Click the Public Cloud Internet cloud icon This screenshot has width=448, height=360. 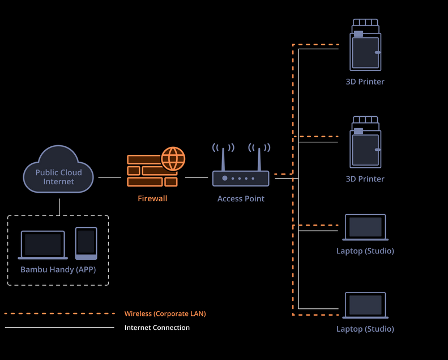pos(58,170)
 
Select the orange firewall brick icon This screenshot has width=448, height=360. pos(148,172)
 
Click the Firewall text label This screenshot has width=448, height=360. pos(152,198)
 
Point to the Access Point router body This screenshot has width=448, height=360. pos(241,178)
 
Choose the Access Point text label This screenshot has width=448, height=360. pos(241,198)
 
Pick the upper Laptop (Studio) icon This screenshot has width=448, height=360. pos(365,227)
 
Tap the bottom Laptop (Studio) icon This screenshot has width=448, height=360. pos(365,306)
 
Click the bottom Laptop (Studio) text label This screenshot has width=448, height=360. pos(365,329)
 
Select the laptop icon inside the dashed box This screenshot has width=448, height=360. pos(43,244)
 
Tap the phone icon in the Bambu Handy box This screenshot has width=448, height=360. pos(86,243)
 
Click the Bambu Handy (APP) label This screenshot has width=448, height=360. pos(58,269)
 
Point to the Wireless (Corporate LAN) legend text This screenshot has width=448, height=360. pos(165,314)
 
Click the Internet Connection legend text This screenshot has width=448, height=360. pos(157,328)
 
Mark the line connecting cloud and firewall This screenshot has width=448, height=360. pos(109,177)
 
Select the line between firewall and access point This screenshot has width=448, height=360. pos(197,177)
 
